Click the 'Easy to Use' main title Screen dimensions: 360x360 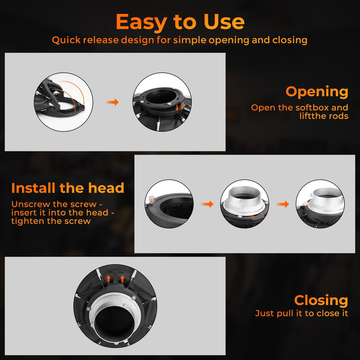coord(180,22)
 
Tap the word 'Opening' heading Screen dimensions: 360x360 coord(317,92)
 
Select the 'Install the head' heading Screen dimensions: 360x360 coord(68,188)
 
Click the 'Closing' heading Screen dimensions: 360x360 coord(321,300)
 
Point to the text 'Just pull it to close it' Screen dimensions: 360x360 coord(302,314)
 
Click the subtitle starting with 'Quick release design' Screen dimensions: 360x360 coord(180,40)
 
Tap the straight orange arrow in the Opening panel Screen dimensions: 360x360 coord(112,102)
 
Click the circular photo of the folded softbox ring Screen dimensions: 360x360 coord(64,102)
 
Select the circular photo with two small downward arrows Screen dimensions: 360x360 coord(162,102)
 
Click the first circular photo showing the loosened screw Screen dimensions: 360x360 coord(169,204)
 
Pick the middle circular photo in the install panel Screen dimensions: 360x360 coord(245,204)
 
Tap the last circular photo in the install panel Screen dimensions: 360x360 coord(320,204)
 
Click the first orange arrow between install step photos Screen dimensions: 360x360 coord(207,204)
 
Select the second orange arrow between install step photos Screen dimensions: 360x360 coord(283,204)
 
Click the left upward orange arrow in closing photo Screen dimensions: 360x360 coord(109,280)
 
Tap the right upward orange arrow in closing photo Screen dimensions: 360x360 coord(122,280)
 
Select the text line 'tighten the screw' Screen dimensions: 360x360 coord(51,221)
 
